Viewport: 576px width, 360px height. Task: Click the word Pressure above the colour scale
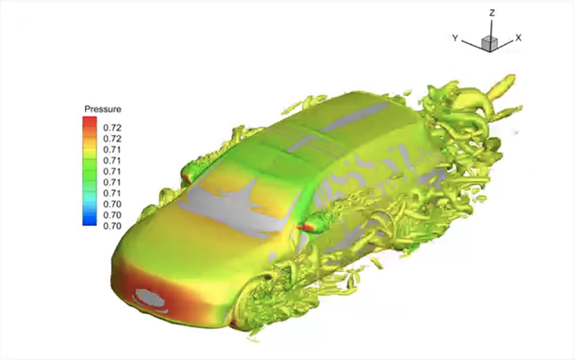pyautogui.click(x=102, y=109)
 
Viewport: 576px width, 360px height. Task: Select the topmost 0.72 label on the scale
pyautogui.click(x=112, y=128)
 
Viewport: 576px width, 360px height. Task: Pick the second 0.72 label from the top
pyautogui.click(x=112, y=139)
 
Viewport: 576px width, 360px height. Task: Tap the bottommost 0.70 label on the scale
pyautogui.click(x=112, y=226)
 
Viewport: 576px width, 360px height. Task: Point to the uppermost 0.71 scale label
pyautogui.click(x=112, y=150)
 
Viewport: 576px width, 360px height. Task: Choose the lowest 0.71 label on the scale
pyautogui.click(x=112, y=193)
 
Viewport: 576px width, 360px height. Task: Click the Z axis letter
pyautogui.click(x=492, y=13)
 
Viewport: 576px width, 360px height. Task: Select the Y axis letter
pyautogui.click(x=455, y=38)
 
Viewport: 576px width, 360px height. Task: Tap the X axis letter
pyautogui.click(x=518, y=37)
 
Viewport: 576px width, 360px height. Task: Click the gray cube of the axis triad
pyautogui.click(x=490, y=43)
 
